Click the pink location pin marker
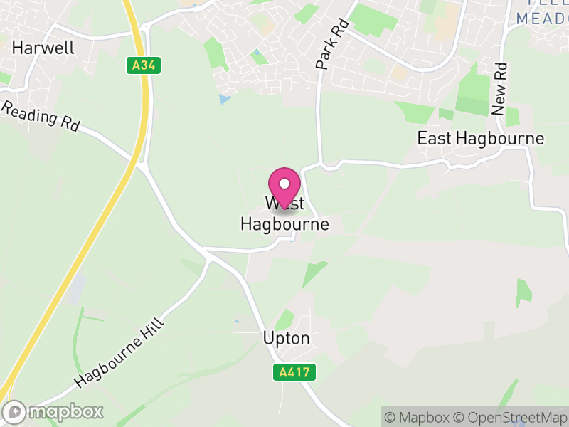(x=284, y=186)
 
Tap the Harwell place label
(x=43, y=48)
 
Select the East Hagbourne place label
(x=480, y=138)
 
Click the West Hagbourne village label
(x=284, y=214)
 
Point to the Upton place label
(x=287, y=338)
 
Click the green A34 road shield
(x=145, y=66)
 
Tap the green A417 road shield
(x=294, y=371)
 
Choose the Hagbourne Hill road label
(x=119, y=354)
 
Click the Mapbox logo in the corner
(x=54, y=411)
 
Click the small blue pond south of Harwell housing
(x=225, y=99)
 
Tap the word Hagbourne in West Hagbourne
(x=284, y=224)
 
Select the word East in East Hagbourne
(x=434, y=138)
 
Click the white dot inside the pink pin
(x=284, y=184)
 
